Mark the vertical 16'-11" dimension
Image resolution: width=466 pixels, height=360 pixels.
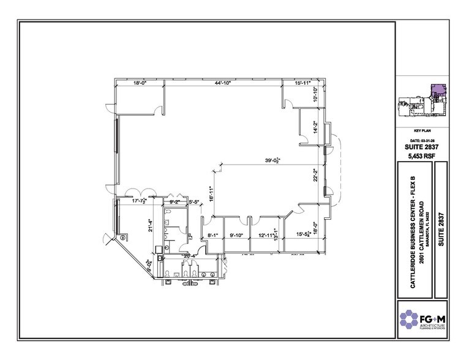click(x=210, y=193)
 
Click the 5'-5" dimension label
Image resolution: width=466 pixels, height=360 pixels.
click(x=195, y=201)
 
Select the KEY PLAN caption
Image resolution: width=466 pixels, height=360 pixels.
click(x=424, y=131)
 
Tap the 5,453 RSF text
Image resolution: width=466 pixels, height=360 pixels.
click(x=424, y=157)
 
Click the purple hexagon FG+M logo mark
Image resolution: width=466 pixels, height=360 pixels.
click(x=410, y=318)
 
